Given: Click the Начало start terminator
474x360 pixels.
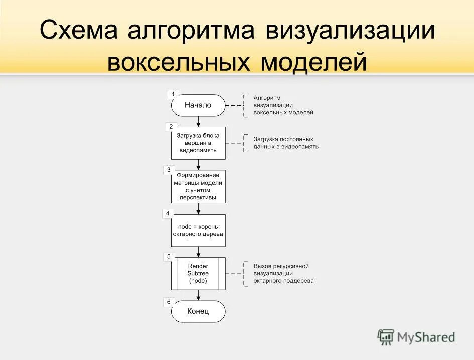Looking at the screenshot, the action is [198, 105].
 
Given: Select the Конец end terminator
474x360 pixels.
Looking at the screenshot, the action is [198, 311].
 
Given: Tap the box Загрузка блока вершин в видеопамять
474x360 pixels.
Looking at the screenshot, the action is [198, 143].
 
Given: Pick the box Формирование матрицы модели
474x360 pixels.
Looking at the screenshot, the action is [198, 187].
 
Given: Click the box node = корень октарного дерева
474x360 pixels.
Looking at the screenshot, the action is [198, 230].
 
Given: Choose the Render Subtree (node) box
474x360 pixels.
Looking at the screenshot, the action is [198, 273].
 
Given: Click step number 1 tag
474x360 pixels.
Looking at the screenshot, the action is [173, 94].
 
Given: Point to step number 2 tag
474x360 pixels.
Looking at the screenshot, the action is [171, 127].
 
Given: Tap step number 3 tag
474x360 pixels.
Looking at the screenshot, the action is [169, 170].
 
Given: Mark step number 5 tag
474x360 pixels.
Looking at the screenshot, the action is [169, 257].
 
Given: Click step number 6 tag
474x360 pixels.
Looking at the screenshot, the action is [169, 302].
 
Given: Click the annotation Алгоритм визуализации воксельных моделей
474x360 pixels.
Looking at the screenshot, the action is [283, 105].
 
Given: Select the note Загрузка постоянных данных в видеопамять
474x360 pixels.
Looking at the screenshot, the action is [285, 143].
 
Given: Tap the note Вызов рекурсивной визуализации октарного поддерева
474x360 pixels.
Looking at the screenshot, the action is [283, 273].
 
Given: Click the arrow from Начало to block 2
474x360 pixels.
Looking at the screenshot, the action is [199, 121].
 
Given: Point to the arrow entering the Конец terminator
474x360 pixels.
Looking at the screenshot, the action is [199, 295].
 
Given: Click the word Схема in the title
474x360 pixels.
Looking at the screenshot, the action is [79, 31].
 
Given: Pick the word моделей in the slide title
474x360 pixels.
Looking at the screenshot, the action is [313, 62].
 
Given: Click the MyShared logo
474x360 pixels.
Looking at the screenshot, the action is [416, 337].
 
